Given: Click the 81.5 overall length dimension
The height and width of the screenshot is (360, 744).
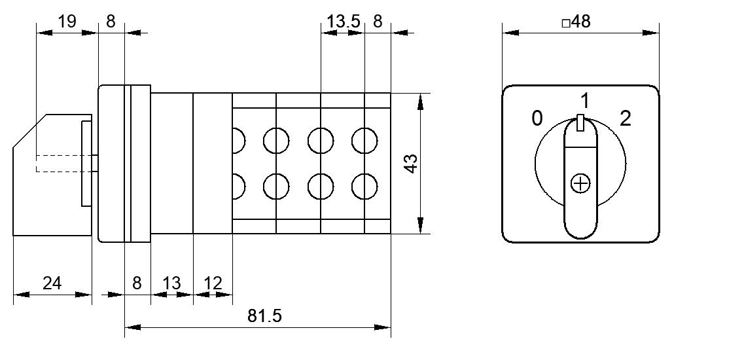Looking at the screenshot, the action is pyautogui.click(x=264, y=316).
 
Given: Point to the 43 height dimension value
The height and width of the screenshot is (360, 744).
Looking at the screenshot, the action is pyautogui.click(x=412, y=164).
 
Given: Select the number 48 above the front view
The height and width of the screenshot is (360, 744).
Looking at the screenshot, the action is pyautogui.click(x=581, y=22).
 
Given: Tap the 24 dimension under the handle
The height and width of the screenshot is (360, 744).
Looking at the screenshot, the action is pyautogui.click(x=52, y=283).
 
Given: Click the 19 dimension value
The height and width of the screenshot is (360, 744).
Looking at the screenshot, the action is pyautogui.click(x=67, y=22).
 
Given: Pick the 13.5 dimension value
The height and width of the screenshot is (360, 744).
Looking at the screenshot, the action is pyautogui.click(x=344, y=22).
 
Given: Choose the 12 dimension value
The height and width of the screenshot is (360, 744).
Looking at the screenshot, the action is pyautogui.click(x=213, y=283).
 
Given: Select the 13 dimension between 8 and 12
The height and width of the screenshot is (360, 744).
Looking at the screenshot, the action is pyautogui.click(x=171, y=283).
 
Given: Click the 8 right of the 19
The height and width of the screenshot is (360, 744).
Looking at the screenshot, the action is pyautogui.click(x=111, y=22).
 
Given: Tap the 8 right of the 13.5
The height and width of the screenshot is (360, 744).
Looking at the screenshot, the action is pyautogui.click(x=378, y=22).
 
